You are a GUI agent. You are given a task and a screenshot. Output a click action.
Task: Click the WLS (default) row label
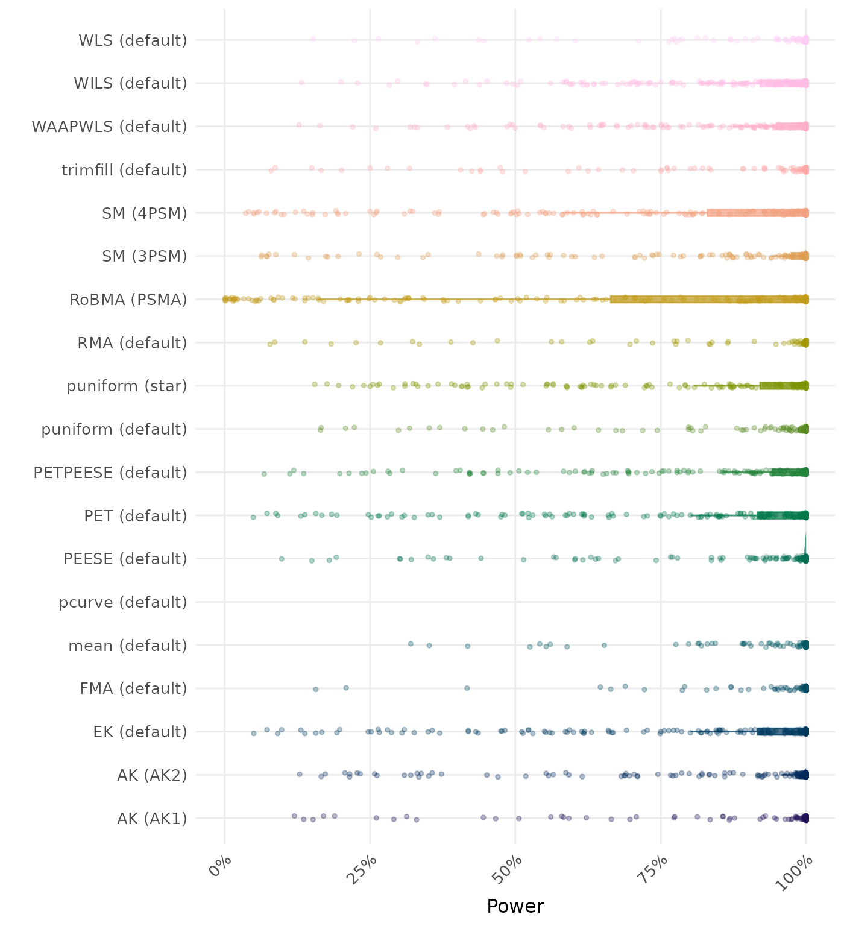pos(133,40)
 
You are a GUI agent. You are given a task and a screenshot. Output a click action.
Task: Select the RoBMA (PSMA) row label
pos(128,300)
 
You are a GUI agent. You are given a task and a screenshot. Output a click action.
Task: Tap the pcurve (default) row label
pos(123,602)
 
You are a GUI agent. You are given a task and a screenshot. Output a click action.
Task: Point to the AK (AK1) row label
pos(152,819)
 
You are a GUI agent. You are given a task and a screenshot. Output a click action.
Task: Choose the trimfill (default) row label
pos(124,170)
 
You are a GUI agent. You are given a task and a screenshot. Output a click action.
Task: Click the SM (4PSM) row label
pos(145,213)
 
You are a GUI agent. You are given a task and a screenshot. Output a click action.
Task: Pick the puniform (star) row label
pos(127,386)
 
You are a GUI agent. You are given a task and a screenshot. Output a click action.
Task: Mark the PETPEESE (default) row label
pos(110,473)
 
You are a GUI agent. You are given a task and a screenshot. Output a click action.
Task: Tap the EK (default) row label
pos(140,732)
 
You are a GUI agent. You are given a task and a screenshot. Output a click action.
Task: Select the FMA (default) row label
pos(133,688)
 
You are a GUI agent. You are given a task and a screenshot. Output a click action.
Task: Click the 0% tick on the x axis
pos(220,872)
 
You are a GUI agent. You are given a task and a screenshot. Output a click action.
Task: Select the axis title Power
pos(515,906)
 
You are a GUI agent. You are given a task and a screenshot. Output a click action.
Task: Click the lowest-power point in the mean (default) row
pos(411,644)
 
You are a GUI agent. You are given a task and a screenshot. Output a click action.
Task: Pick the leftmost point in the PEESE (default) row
pos(282,559)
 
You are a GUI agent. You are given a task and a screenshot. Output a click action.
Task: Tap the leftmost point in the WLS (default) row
pos(313,39)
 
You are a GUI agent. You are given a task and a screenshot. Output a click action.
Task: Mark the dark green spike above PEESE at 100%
pos(806,543)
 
